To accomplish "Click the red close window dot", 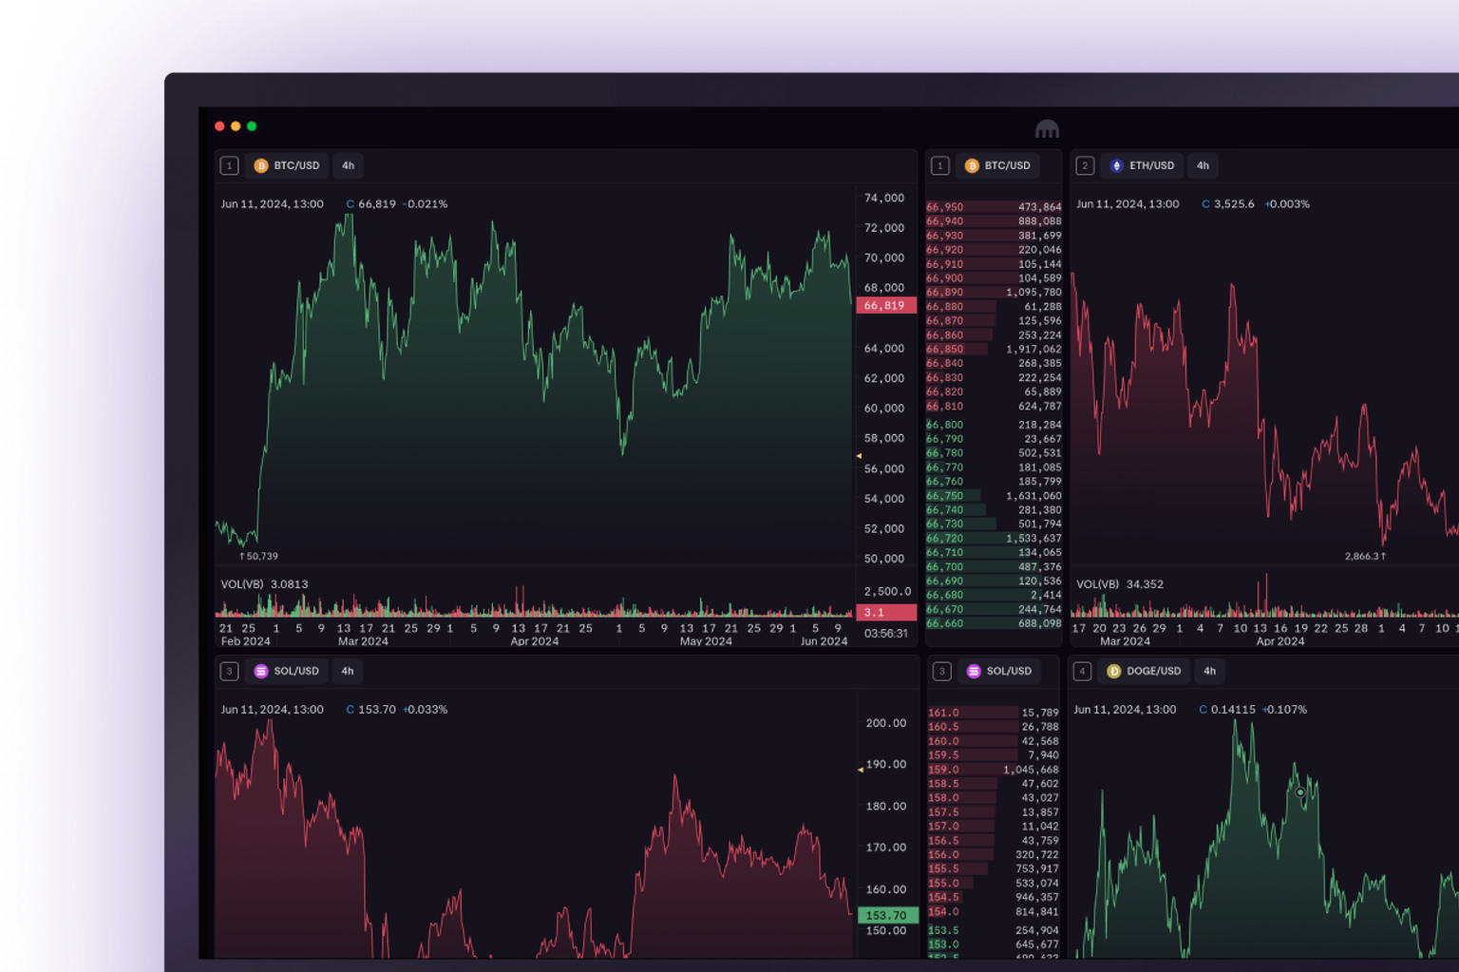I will click(219, 126).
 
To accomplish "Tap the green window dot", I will click(252, 126).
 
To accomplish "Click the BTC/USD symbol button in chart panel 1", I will click(287, 165).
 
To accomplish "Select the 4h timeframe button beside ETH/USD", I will click(1203, 165).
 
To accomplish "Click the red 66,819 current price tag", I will click(885, 306).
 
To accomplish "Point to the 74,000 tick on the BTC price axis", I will click(884, 198).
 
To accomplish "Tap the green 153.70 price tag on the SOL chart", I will click(886, 916).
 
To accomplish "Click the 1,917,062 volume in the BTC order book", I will click(1033, 350).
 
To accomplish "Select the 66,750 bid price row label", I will click(945, 496).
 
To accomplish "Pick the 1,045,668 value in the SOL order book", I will click(1031, 770).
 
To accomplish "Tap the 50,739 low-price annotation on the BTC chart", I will click(259, 557).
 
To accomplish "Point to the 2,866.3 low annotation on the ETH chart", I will click(1365, 557).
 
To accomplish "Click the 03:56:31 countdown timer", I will click(885, 634).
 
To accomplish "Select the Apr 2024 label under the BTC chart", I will click(535, 641).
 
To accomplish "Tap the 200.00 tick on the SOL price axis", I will click(886, 723).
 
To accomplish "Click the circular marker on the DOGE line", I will click(1300, 792).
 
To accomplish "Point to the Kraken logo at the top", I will click(1047, 128).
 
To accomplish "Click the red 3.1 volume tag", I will click(885, 613).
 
